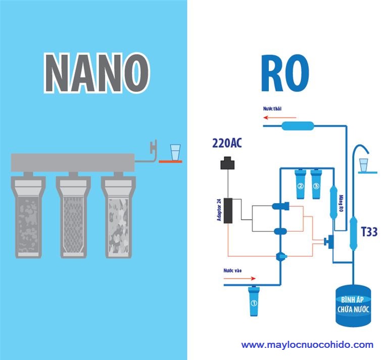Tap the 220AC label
pyautogui.click(x=226, y=145)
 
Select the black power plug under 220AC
pyautogui.click(x=229, y=163)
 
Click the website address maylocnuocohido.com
pyautogui.click(x=307, y=345)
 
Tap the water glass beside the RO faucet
pyautogui.click(x=363, y=164)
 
